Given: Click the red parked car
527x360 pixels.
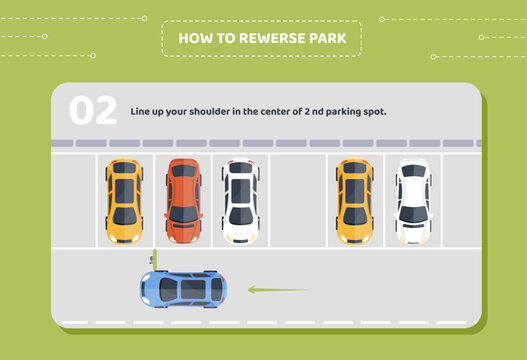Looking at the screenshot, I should (183, 201).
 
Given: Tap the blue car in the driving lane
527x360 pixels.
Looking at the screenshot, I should (183, 289).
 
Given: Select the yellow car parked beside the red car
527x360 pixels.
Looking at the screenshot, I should (124, 201).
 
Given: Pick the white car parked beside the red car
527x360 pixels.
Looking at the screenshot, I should (240, 201).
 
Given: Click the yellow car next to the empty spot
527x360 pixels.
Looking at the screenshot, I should (354, 201).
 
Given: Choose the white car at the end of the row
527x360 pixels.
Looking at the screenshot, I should (412, 201).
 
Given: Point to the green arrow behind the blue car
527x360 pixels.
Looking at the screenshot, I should (278, 290).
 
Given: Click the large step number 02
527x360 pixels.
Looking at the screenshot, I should (92, 111).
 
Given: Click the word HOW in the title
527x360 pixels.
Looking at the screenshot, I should (191, 39).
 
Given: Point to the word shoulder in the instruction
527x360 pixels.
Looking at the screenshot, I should (215, 111).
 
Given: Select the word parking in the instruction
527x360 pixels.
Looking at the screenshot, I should (340, 111).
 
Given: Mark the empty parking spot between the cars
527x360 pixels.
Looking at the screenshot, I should (297, 201).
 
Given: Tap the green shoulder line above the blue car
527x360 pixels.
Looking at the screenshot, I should (155, 258).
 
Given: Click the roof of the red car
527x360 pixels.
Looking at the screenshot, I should (183, 191).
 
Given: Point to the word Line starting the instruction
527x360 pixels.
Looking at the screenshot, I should (140, 111).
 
